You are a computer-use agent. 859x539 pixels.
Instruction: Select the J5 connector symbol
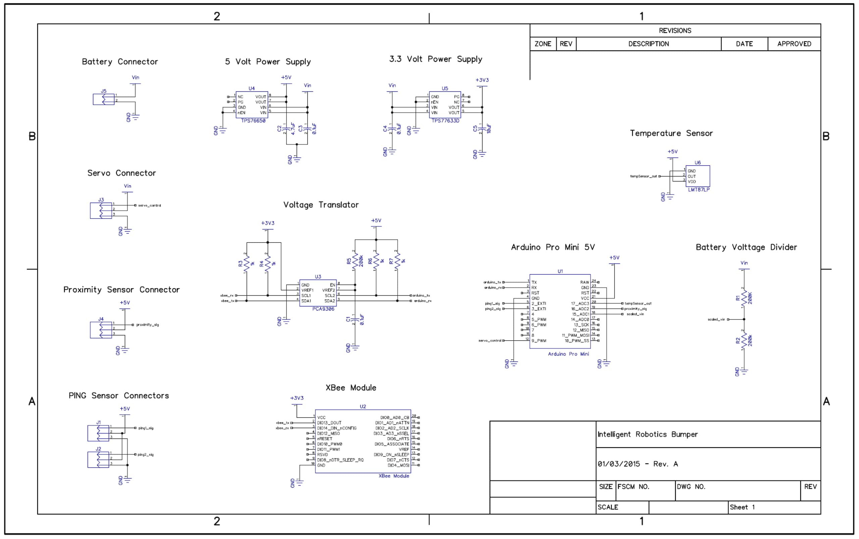point(104,99)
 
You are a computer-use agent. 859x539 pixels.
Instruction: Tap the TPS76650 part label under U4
point(253,121)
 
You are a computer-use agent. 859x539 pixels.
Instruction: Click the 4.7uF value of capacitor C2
point(293,129)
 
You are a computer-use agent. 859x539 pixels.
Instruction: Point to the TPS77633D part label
point(445,121)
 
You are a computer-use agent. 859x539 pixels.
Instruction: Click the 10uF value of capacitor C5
point(489,129)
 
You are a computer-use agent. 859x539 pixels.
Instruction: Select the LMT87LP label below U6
point(699,190)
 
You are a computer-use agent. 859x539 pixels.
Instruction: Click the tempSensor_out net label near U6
point(643,176)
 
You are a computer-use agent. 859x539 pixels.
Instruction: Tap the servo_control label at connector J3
point(150,206)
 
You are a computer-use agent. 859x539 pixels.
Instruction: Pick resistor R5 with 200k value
point(355,261)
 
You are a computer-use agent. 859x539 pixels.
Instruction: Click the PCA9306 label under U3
point(323,309)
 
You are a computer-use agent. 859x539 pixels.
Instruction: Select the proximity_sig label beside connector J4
point(147,325)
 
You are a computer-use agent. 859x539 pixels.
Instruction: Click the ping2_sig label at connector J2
point(146,455)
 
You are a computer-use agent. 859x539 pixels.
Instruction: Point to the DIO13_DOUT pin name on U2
point(329,423)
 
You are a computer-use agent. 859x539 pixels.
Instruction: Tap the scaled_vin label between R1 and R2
point(716,320)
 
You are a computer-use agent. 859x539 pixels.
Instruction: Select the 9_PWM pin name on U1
point(539,341)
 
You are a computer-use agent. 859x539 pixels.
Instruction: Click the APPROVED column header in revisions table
point(794,44)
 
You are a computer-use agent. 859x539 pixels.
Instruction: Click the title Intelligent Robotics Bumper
point(647,434)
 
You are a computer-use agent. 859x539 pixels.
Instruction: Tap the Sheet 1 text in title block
point(742,507)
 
